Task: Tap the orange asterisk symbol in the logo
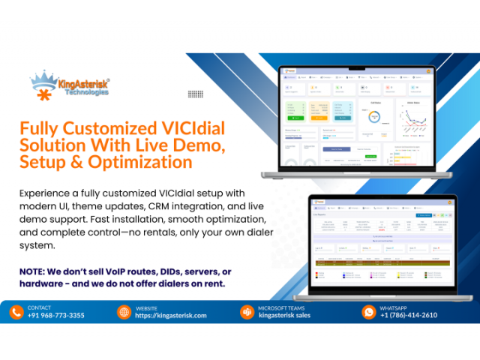(45, 95)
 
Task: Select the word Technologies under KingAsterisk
(87, 92)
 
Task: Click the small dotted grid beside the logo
(196, 94)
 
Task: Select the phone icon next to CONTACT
(16, 312)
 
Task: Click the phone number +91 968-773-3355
(56, 316)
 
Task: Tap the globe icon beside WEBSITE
(124, 312)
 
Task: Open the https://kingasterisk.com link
(171, 316)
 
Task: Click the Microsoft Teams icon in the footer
(247, 312)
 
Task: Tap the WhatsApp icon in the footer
(368, 312)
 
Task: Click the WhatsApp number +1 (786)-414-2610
(409, 316)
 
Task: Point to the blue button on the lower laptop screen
(424, 215)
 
